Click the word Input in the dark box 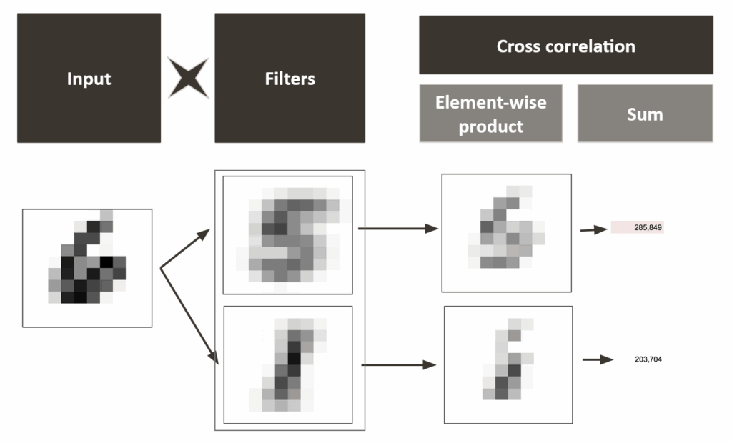89,79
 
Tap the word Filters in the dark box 290,79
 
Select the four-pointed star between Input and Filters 188,78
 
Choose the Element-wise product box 490,114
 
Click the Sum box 645,114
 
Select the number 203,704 648,359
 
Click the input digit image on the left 87,268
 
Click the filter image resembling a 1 287,364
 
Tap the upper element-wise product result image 506,233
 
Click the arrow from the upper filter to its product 397,229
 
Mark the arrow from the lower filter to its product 398,365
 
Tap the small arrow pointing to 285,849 593,230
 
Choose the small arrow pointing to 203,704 598,359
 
